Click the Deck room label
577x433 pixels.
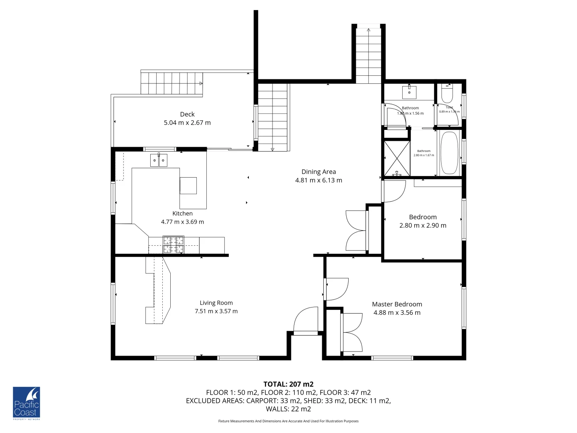(x=187, y=114)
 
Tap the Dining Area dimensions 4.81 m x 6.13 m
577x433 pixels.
(x=319, y=180)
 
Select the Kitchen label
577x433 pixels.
(x=182, y=213)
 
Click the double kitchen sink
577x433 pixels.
(x=159, y=160)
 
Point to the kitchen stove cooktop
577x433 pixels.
(x=174, y=245)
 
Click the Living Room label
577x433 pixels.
(x=216, y=303)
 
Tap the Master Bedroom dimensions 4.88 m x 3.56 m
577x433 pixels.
(x=397, y=313)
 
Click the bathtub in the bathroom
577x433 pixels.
(x=449, y=153)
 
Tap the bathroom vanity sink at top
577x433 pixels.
(x=409, y=92)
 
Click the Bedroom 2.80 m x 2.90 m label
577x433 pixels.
(x=423, y=221)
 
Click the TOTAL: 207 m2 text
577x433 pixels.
(x=288, y=384)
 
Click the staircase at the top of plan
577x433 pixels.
(x=369, y=54)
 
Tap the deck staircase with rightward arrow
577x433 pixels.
(x=171, y=83)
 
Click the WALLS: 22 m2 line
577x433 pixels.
(x=288, y=409)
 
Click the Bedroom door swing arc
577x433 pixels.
(x=395, y=191)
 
